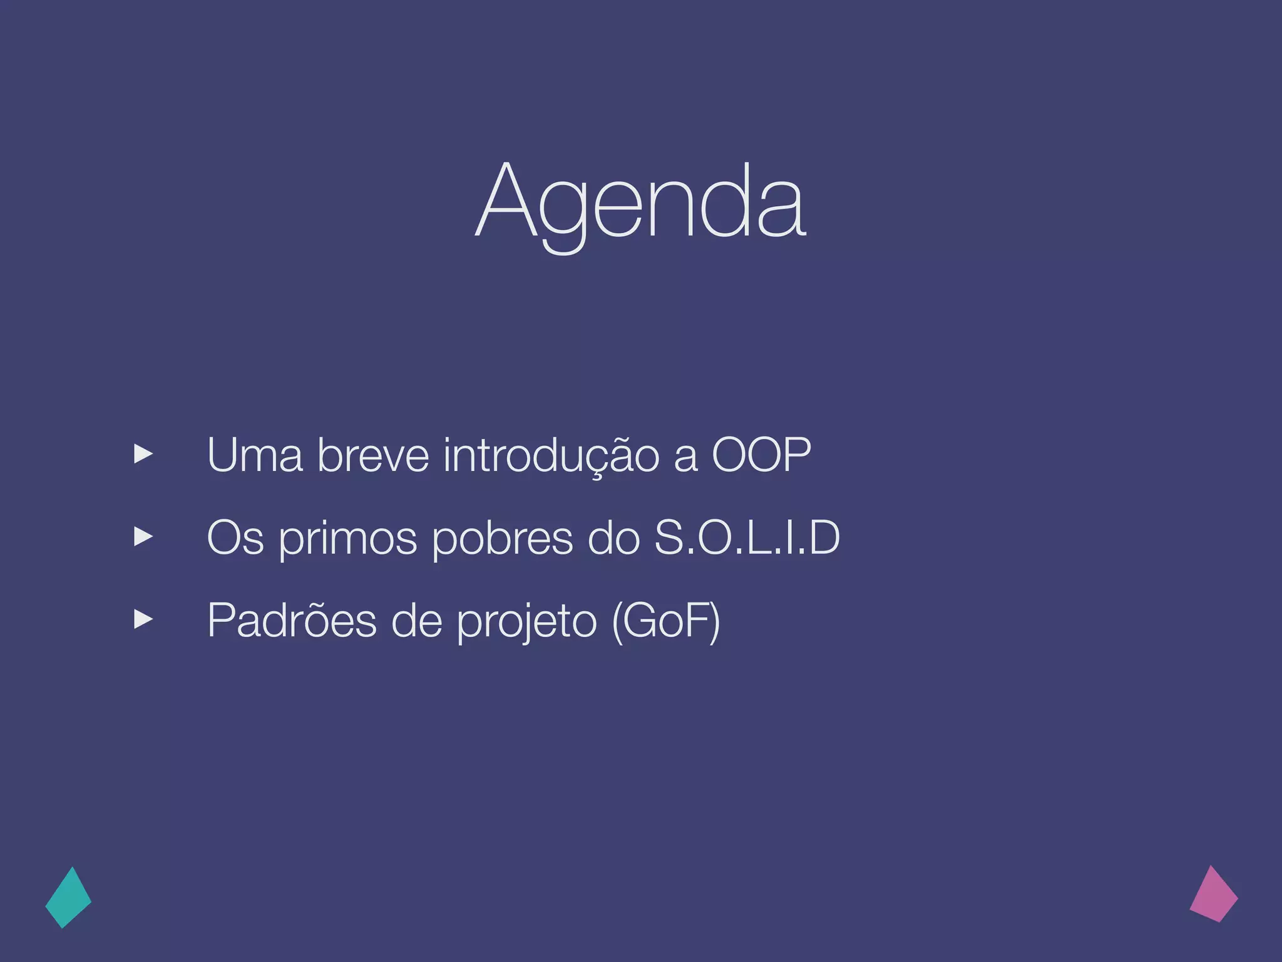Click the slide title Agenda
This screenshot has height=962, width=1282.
coord(641,204)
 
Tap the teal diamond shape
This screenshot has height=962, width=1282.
coord(68,898)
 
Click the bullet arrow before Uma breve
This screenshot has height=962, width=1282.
coord(143,454)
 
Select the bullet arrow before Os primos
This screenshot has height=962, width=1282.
coord(143,537)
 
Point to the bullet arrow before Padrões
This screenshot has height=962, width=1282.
coord(143,619)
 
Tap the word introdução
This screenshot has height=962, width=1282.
coord(551,455)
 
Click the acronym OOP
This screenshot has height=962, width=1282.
coord(761,455)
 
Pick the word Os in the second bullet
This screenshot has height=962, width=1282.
coord(235,538)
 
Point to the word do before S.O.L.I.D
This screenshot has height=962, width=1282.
coord(614,538)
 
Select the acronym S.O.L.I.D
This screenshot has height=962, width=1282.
coord(747,538)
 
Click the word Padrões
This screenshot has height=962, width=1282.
coord(292,621)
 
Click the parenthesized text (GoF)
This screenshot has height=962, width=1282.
coord(666,621)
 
